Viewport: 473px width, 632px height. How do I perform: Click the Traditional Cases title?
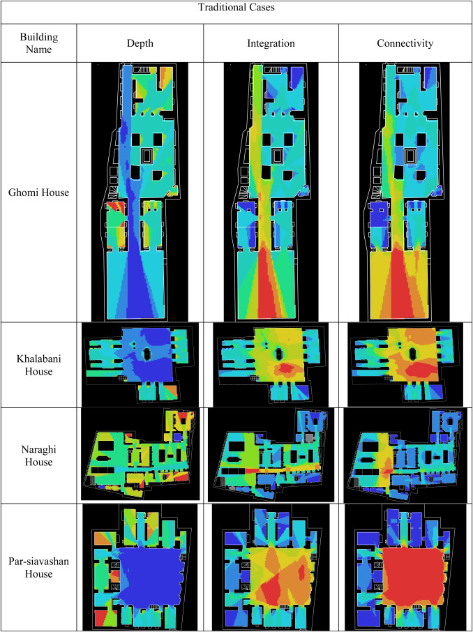(236, 8)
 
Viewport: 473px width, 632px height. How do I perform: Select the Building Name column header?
(38, 43)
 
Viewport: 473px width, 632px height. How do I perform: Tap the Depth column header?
(140, 43)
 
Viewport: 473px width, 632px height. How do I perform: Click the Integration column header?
(271, 43)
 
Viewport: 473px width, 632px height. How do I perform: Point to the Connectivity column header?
(405, 43)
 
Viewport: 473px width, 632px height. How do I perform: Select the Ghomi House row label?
(38, 193)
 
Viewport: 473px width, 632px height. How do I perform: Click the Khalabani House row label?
(38, 365)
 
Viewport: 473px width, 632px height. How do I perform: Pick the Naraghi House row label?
(38, 456)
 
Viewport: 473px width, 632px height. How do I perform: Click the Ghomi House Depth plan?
(140, 192)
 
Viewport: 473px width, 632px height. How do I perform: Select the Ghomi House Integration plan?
(271, 192)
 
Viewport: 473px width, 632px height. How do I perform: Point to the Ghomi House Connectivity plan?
(404, 192)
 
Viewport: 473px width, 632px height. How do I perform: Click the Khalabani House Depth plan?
(140, 364)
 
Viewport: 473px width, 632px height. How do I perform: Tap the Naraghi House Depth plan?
(140, 454)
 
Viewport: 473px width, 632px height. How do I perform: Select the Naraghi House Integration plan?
(271, 455)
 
